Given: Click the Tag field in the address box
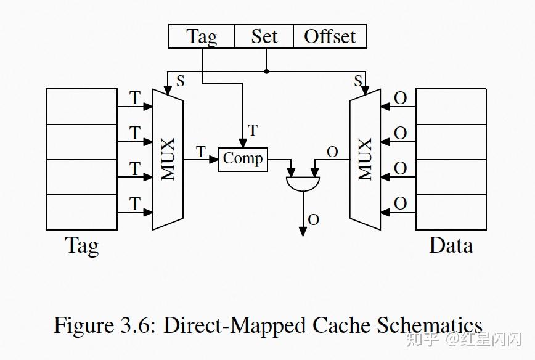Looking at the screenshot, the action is pos(202,36).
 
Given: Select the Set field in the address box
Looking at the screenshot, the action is pos(264,36).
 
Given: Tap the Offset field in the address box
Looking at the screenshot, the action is pos(330,36).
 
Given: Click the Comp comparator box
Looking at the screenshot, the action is pos(243,160).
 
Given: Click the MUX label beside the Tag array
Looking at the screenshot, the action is pos(168,159).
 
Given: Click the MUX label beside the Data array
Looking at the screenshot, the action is pos(365,159).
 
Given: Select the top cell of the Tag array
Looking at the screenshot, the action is pos(82,107).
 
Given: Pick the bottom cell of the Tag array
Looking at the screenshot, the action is pos(82,212).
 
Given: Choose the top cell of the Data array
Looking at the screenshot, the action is pos(451,107).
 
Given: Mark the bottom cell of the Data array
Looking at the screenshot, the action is pos(451,212).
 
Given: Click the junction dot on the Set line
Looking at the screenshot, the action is pos(266,72).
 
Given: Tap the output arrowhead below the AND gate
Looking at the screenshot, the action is pos(303,232).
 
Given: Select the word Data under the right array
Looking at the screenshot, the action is pos(451,245).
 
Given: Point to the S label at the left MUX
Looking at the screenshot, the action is pos(180,81).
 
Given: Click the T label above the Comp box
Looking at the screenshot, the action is pos(253,130).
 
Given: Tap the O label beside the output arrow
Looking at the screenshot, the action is pos(314,219).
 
